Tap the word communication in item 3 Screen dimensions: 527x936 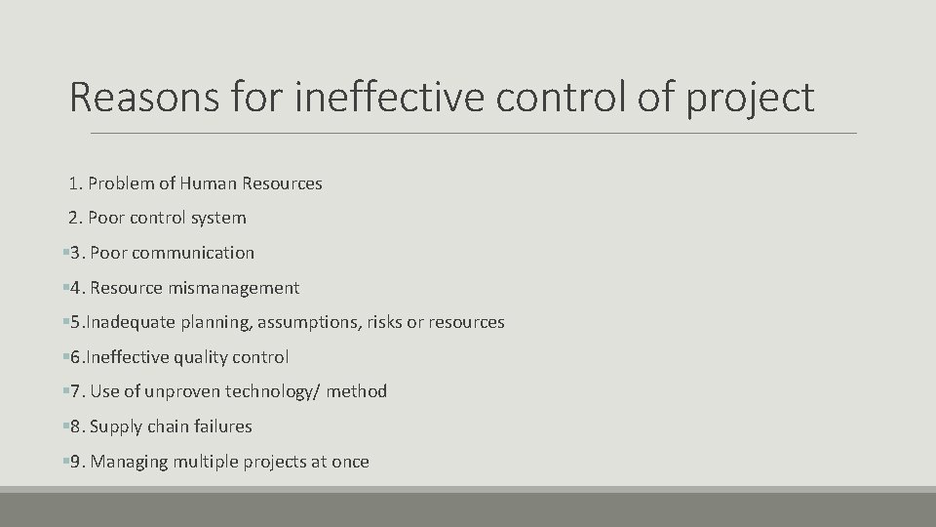click(193, 253)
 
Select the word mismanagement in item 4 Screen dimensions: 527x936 click(234, 288)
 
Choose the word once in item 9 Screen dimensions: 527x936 click(350, 462)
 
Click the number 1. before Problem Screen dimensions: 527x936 click(77, 182)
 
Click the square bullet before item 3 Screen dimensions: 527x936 click(64, 253)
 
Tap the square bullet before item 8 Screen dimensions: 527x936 click(64, 426)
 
